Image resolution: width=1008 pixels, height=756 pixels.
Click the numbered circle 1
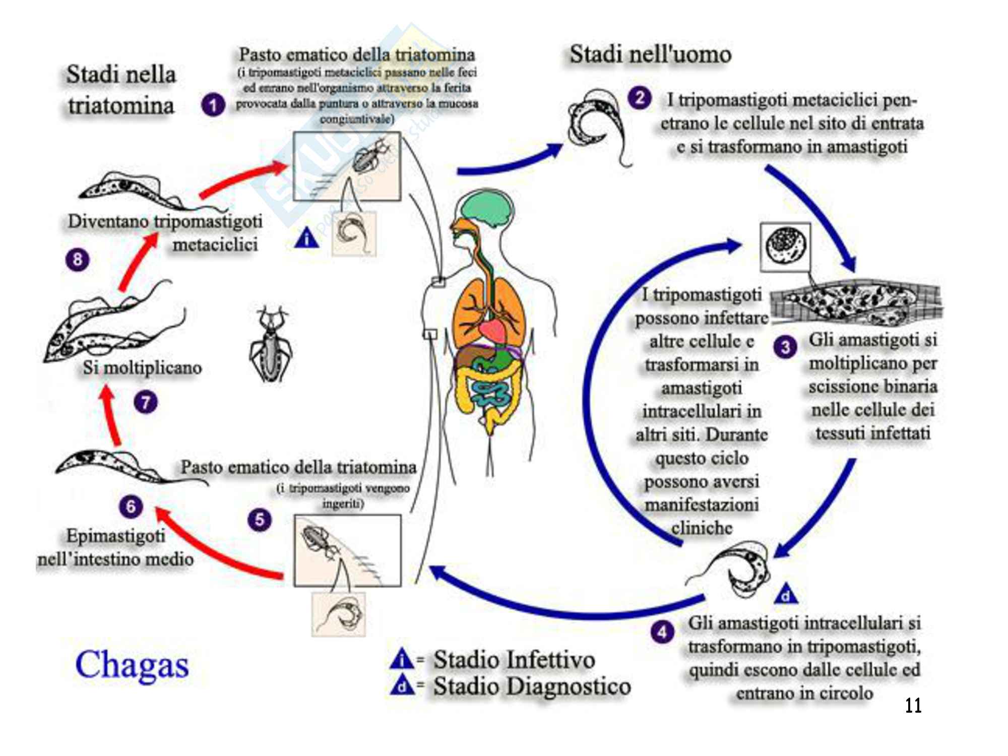pyautogui.click(x=213, y=105)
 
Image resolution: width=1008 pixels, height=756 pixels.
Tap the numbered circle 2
pyautogui.click(x=639, y=98)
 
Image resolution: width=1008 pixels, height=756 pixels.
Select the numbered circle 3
pyautogui.click(x=785, y=347)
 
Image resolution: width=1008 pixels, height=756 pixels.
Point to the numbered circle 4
pyautogui.click(x=662, y=632)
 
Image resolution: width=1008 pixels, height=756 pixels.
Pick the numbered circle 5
pyautogui.click(x=260, y=520)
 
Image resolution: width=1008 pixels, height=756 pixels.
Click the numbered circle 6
pyautogui.click(x=131, y=506)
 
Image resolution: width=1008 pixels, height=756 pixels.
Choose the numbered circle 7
pyautogui.click(x=146, y=402)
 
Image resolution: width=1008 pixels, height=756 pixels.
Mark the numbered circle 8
pyautogui.click(x=78, y=260)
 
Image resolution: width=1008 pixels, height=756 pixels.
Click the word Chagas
pyautogui.click(x=132, y=665)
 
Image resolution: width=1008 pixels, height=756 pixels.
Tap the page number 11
pyautogui.click(x=913, y=705)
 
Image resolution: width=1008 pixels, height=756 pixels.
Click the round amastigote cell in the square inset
pyautogui.click(x=785, y=247)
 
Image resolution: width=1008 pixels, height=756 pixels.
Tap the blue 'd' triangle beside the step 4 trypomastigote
pyautogui.click(x=786, y=595)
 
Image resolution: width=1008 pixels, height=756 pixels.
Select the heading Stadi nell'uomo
pyautogui.click(x=650, y=54)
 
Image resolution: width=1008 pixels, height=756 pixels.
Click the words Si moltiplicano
pyautogui.click(x=143, y=367)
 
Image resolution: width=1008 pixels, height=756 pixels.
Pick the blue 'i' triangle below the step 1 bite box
pyautogui.click(x=306, y=238)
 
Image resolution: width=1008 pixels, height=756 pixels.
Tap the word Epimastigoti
pyautogui.click(x=116, y=535)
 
